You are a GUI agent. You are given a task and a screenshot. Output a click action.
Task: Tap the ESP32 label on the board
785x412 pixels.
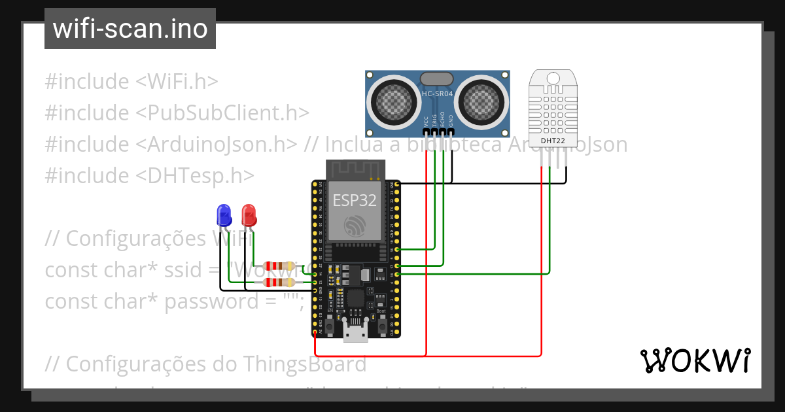pyautogui.click(x=355, y=200)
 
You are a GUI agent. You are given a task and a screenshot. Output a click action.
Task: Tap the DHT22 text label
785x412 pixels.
pyautogui.click(x=553, y=140)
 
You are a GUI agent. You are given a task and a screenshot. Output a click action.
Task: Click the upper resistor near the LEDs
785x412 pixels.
pyautogui.click(x=279, y=266)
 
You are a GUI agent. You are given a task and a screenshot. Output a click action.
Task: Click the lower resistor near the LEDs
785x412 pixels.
pyautogui.click(x=279, y=283)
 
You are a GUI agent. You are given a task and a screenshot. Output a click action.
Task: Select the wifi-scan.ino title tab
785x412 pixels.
pyautogui.click(x=130, y=29)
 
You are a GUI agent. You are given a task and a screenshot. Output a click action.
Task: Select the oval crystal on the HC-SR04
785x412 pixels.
pyautogui.click(x=436, y=78)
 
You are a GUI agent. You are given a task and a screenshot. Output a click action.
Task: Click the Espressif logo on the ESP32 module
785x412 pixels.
pyautogui.click(x=355, y=226)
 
